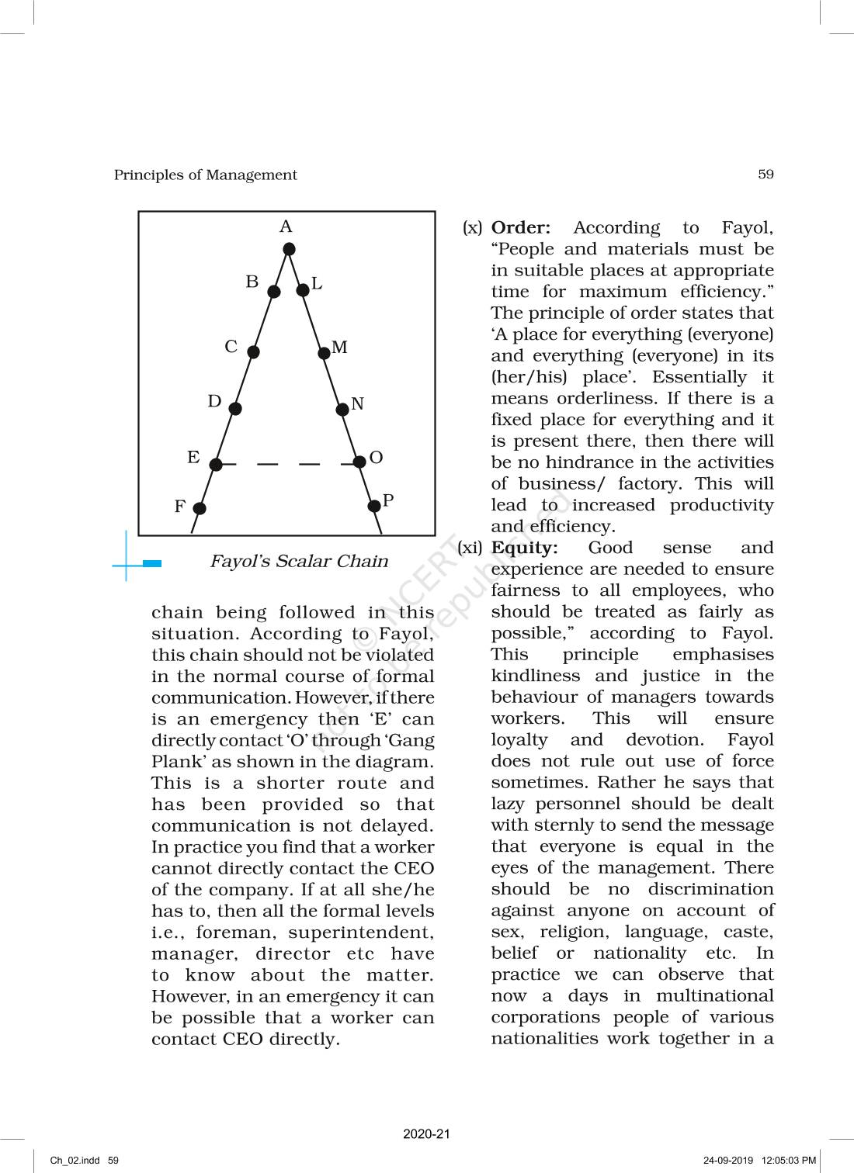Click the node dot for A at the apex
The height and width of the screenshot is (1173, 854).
pyautogui.click(x=289, y=249)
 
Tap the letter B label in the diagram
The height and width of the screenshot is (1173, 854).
pyautogui.click(x=252, y=282)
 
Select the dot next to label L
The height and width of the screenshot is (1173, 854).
pyautogui.click(x=303, y=290)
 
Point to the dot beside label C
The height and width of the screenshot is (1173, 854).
pyautogui.click(x=253, y=351)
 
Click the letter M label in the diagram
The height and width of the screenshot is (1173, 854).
pyautogui.click(x=339, y=347)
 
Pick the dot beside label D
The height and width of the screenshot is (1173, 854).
pyautogui.click(x=235, y=409)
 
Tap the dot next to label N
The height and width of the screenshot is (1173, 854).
pyautogui.click(x=342, y=409)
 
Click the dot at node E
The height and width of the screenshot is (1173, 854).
pyautogui.click(x=216, y=465)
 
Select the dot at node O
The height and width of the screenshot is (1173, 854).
pyautogui.click(x=359, y=462)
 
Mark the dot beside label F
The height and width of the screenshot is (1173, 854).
pyautogui.click(x=200, y=508)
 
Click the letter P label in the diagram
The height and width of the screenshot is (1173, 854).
pyautogui.click(x=388, y=500)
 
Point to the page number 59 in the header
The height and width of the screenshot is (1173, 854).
pyautogui.click(x=765, y=175)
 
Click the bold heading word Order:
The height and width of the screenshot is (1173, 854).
pyautogui.click(x=521, y=228)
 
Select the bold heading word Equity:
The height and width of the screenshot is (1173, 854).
pyautogui.click(x=525, y=548)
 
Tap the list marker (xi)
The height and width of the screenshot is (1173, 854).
pyautogui.click(x=470, y=548)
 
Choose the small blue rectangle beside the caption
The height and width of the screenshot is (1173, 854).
pyautogui.click(x=152, y=564)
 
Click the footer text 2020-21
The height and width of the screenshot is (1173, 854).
pyautogui.click(x=426, y=1133)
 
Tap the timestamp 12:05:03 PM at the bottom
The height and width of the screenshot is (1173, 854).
pyautogui.click(x=789, y=1161)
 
